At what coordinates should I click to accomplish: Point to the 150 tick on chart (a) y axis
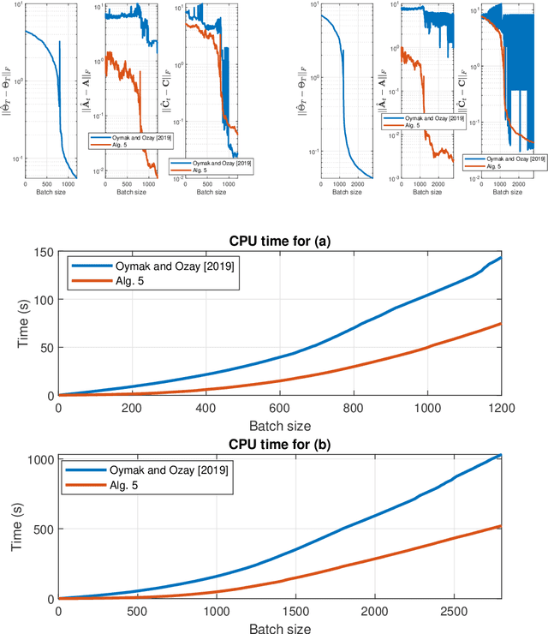pyautogui.click(x=44, y=252)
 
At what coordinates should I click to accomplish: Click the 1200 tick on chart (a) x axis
pyautogui.click(x=524, y=407)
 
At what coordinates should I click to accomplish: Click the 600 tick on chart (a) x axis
pyautogui.click(x=291, y=407)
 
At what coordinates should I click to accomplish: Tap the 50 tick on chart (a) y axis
pyautogui.click(x=47, y=348)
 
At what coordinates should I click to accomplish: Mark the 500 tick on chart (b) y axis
pyautogui.click(x=44, y=529)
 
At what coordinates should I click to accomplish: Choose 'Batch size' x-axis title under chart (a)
pyautogui.click(x=292, y=423)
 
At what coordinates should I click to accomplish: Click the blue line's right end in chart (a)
pyautogui.click(x=524, y=257)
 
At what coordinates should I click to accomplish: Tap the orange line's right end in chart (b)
pyautogui.click(x=524, y=526)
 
